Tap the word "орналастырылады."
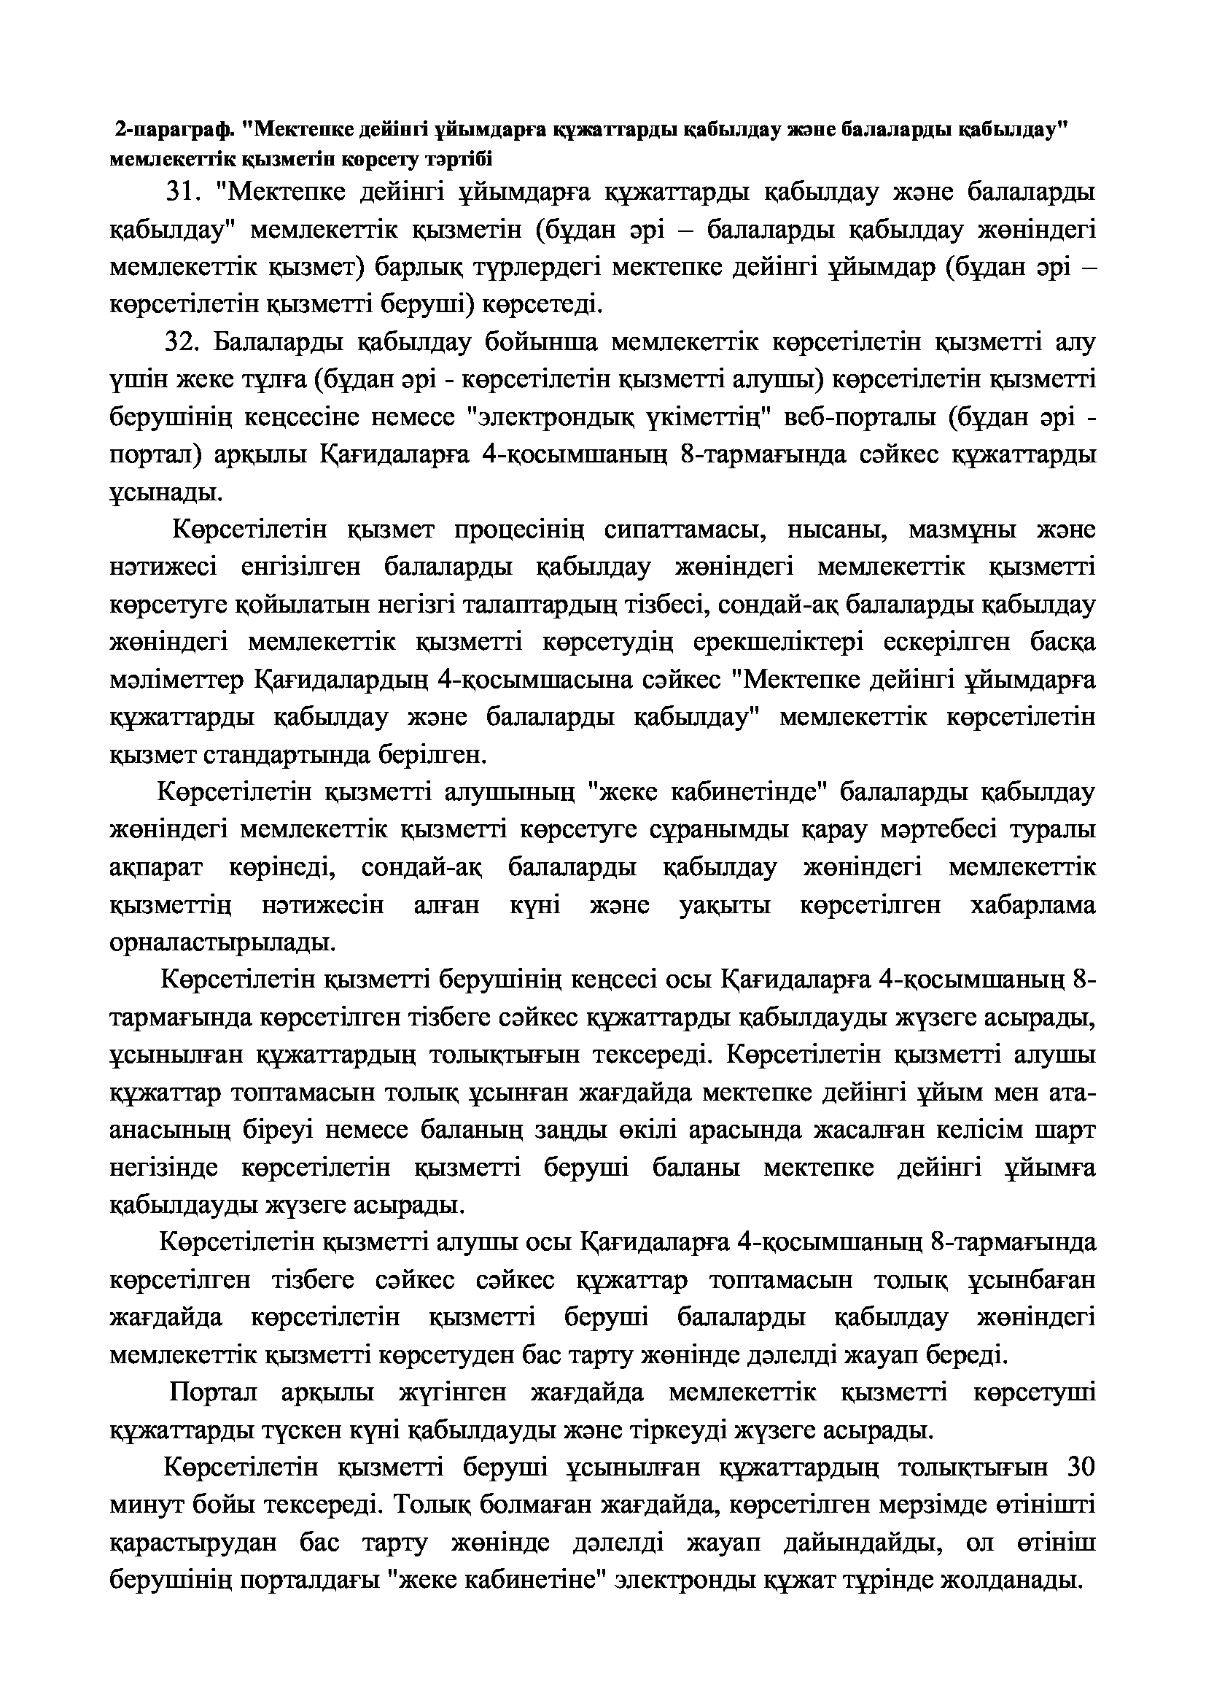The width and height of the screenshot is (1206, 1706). (x=222, y=943)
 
